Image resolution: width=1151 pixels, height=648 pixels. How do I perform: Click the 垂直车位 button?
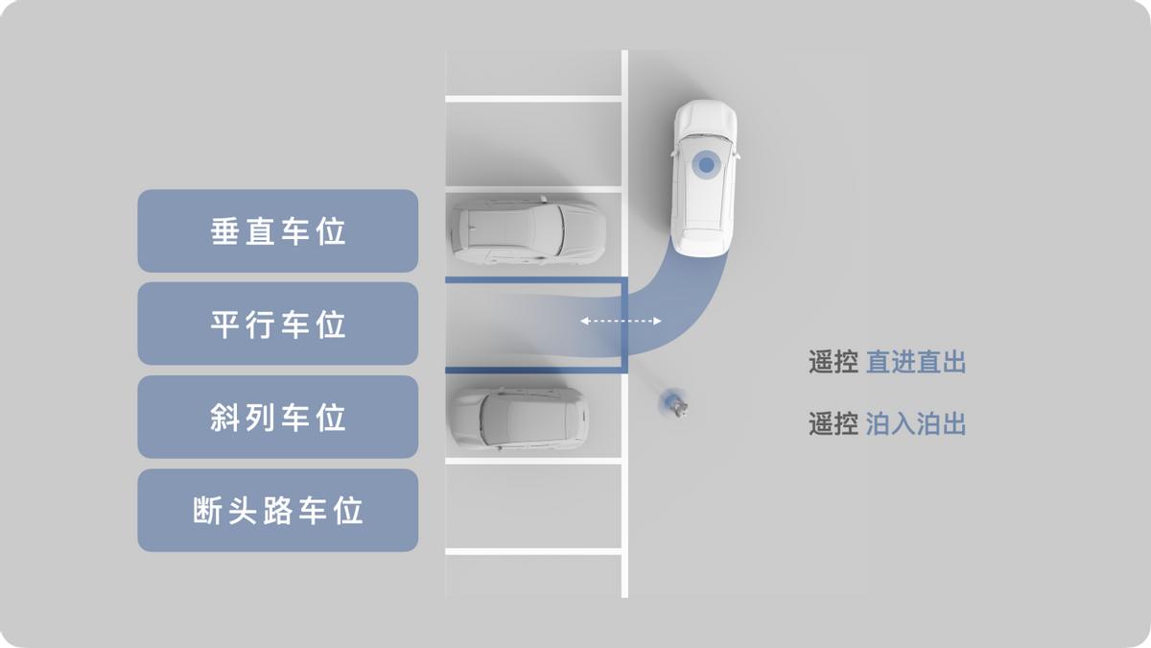[277, 231]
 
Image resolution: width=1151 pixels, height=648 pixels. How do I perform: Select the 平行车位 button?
[277, 324]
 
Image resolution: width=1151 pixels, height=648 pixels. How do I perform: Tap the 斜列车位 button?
[277, 417]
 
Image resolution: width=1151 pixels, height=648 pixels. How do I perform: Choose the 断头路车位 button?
[277, 510]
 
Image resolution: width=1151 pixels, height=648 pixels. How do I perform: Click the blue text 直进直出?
[915, 362]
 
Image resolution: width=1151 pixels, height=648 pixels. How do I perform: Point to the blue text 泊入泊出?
[915, 423]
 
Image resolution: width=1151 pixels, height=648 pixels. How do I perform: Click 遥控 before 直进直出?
[833, 362]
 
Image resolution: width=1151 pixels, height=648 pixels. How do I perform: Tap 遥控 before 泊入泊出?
[833, 423]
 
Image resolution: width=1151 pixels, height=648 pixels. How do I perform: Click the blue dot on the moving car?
[706, 165]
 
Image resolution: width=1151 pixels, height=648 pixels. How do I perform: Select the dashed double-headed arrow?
[621, 323]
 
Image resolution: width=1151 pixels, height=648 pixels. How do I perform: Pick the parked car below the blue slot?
[519, 419]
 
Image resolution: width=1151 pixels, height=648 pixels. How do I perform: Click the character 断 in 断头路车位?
[208, 510]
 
